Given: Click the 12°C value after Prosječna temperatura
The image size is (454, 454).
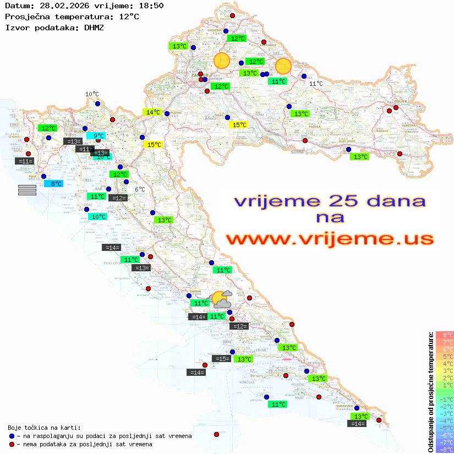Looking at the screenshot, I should click(129, 17).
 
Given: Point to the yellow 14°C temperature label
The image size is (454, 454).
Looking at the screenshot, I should click(152, 112).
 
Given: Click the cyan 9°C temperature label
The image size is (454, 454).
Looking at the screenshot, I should click(96, 135).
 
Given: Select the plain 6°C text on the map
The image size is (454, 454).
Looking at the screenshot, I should click(140, 189).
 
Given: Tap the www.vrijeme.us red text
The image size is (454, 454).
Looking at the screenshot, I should click(330, 239).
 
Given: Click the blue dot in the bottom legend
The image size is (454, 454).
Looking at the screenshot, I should click(12, 436).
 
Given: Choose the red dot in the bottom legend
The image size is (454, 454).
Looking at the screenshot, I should click(12, 444).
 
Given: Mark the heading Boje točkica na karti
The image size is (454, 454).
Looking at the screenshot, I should click(44, 428).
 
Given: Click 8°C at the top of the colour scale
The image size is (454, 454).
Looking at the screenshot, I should click(445, 335).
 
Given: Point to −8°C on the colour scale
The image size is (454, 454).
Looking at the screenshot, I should click(444, 450).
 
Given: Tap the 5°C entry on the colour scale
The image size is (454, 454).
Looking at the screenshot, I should click(445, 357).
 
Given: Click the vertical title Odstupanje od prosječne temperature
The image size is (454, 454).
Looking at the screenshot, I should click(430, 392).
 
